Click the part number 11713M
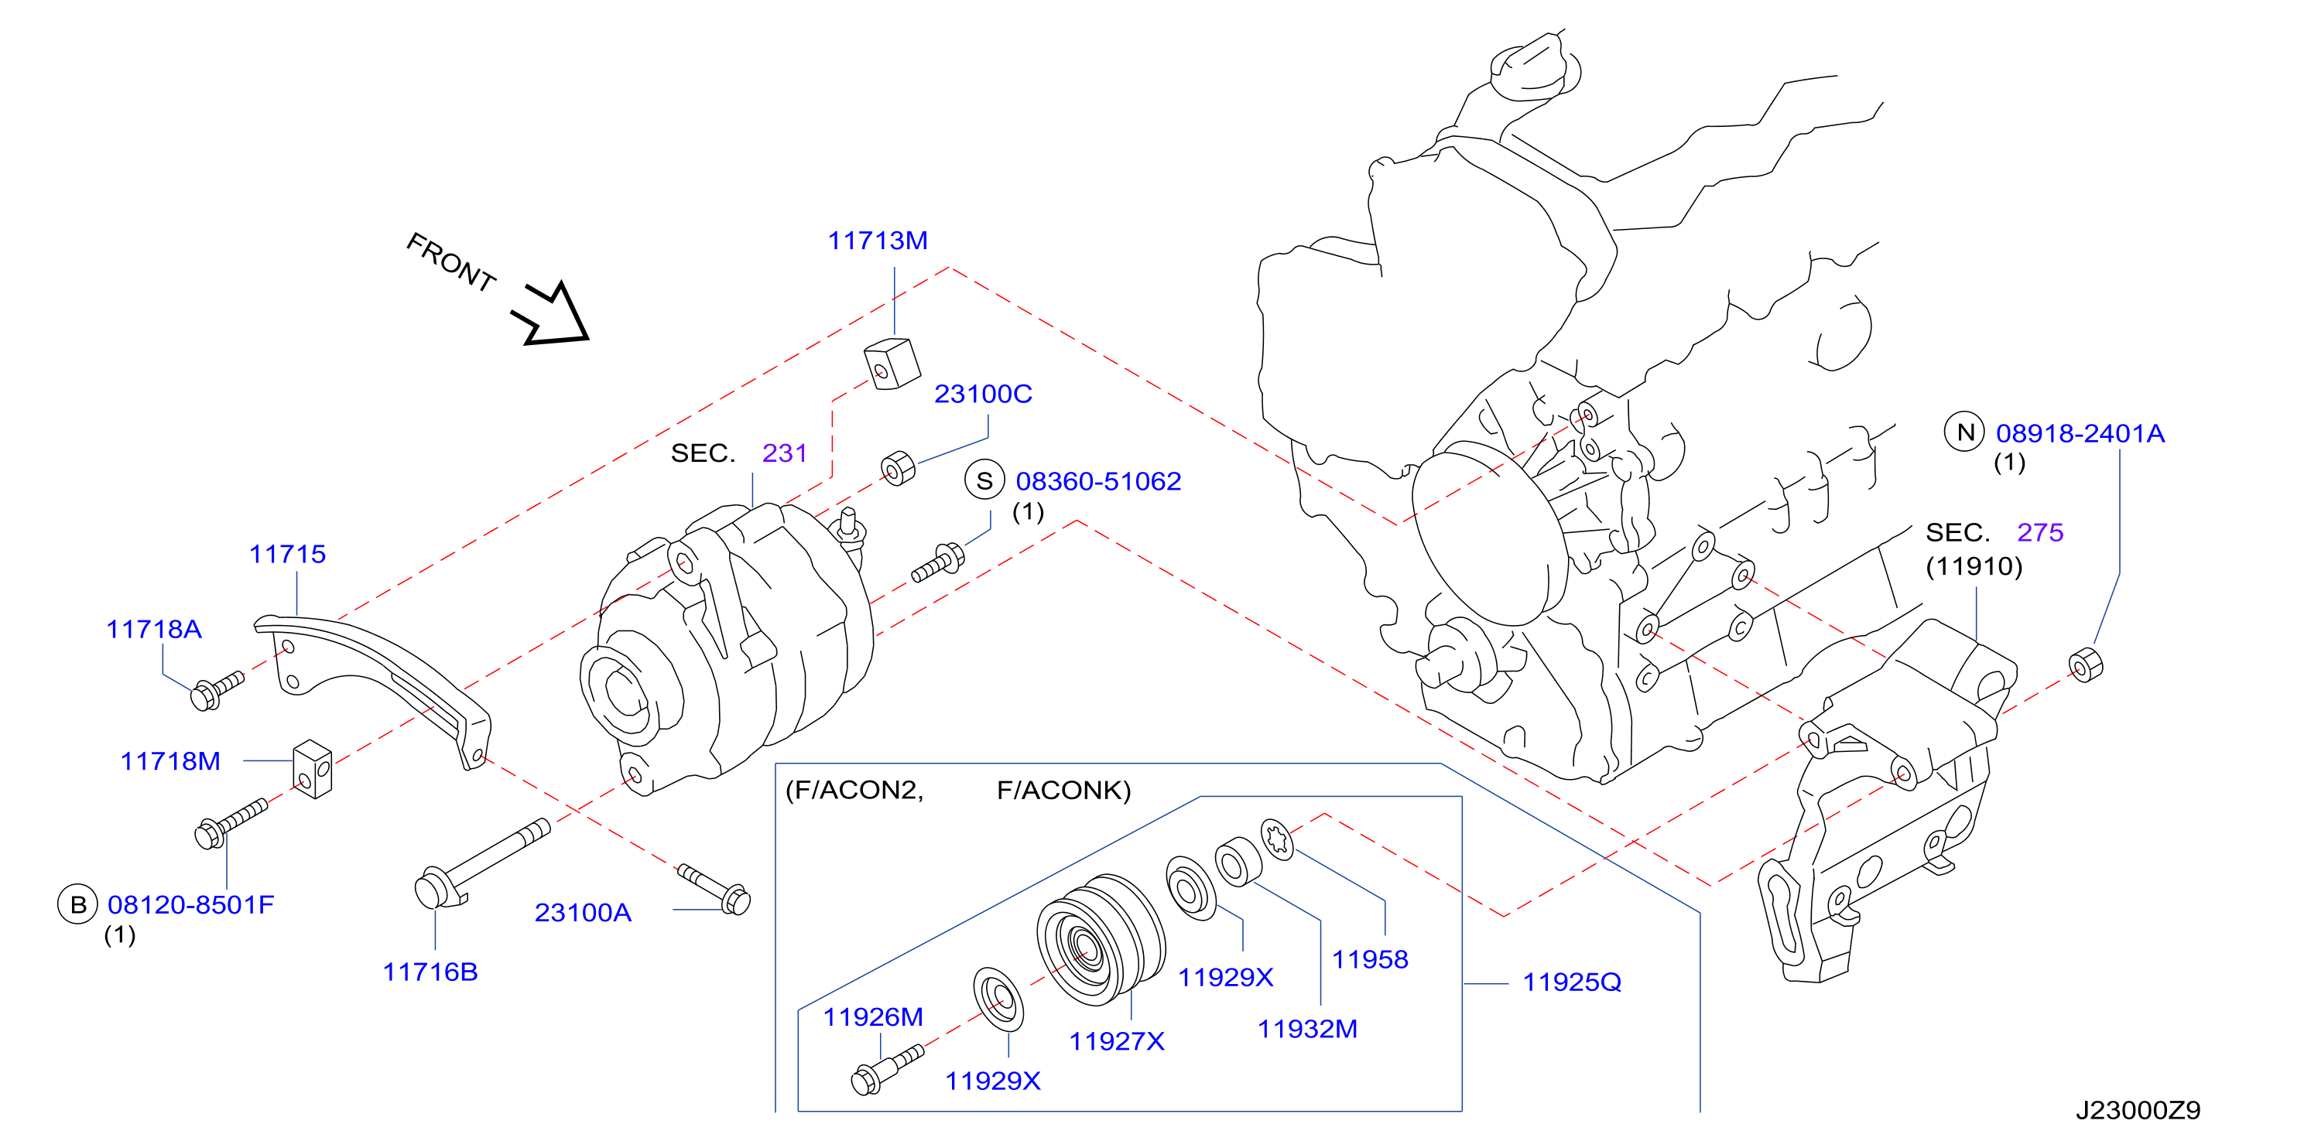[x=878, y=241]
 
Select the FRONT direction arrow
[x=552, y=315]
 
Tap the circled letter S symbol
[x=984, y=480]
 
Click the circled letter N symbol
[x=1965, y=432]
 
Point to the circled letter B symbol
[x=78, y=904]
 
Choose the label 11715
[x=287, y=554]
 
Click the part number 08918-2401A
[x=2080, y=433]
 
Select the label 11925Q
[x=1572, y=982]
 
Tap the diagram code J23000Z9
[x=2138, y=1110]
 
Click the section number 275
[x=2040, y=532]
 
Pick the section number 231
[x=785, y=453]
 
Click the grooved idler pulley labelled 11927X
[x=1100, y=939]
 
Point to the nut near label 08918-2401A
[x=2085, y=664]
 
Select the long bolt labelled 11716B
[x=481, y=863]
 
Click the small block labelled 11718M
[x=312, y=769]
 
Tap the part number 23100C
[x=983, y=394]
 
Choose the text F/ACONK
[x=1064, y=790]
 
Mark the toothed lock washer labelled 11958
[x=1276, y=839]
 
